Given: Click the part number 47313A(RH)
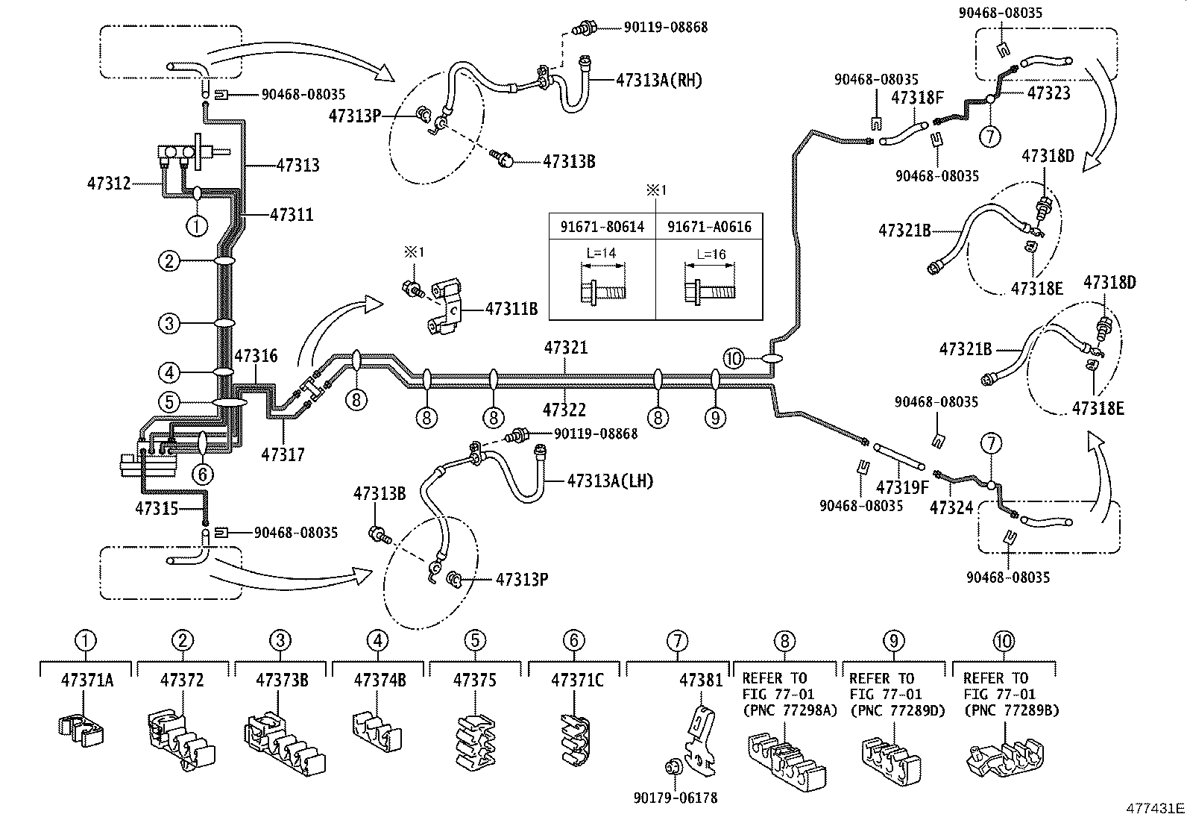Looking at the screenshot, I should click(x=658, y=81).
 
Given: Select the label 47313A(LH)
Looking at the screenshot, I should click(x=610, y=481).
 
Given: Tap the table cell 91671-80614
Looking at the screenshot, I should click(x=602, y=226).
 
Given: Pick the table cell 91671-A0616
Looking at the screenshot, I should click(x=709, y=226).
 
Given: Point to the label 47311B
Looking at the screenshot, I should click(x=511, y=307).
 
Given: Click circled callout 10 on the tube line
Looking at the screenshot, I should click(x=734, y=359).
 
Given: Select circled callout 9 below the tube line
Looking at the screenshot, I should click(x=714, y=418).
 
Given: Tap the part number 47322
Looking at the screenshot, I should click(x=564, y=410).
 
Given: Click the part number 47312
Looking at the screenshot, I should click(x=109, y=183).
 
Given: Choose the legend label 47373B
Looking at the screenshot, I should click(x=280, y=680).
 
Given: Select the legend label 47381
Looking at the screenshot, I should click(x=701, y=680).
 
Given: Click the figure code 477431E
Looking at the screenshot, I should click(x=1155, y=808).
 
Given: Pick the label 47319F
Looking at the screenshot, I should click(x=902, y=487).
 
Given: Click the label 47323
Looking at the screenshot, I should click(x=1048, y=93).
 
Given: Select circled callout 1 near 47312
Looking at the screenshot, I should click(x=196, y=225).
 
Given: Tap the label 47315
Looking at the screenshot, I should click(x=157, y=509).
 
